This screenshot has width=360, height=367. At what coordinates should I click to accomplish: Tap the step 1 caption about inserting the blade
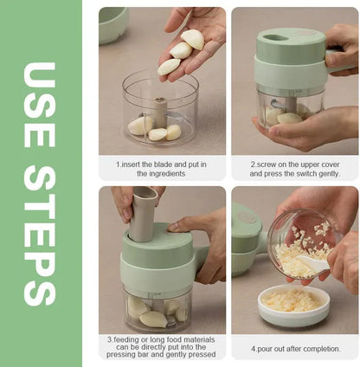click(x=161, y=168)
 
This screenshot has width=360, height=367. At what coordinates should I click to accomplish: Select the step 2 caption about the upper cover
click(x=295, y=168)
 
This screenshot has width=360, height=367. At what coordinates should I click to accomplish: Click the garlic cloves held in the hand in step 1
click(x=183, y=51)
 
